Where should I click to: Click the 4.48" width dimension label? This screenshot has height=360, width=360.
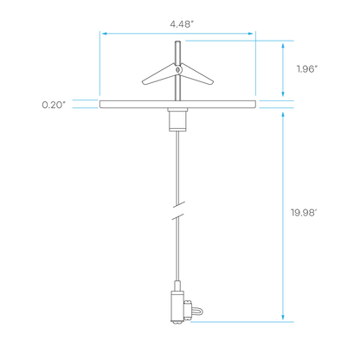point(181,24)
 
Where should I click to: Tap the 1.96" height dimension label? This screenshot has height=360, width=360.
point(307,69)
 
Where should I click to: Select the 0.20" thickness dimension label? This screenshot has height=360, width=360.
point(54,105)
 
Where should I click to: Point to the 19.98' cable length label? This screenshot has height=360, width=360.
point(304,213)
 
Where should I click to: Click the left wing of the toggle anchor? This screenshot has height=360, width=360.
point(158,75)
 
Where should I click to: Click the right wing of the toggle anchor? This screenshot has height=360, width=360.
point(196,74)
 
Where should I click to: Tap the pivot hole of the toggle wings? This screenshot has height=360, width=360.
point(178,69)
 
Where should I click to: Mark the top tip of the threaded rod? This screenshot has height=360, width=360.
point(177,42)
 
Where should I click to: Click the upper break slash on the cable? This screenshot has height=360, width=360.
point(178,205)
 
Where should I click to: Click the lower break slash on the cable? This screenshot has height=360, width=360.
point(178,216)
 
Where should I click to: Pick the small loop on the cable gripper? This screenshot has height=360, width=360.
point(198,312)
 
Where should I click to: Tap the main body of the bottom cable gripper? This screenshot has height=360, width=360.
point(177,306)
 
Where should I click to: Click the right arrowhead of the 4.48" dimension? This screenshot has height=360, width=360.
point(251,34)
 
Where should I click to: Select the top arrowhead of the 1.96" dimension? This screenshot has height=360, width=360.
point(283,46)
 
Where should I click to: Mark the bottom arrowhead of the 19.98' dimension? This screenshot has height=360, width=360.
point(283,317)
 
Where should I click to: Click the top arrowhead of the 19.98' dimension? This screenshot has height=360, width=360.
point(283,116)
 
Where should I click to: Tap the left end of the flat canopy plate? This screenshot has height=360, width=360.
point(100,105)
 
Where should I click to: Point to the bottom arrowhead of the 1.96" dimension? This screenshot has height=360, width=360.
point(283,93)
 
